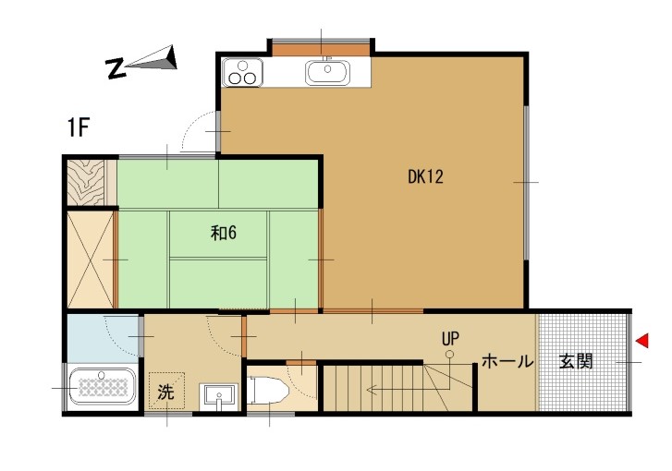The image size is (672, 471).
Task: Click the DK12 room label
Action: pyautogui.click(x=425, y=176)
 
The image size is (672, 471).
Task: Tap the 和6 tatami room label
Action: pyautogui.click(x=224, y=233)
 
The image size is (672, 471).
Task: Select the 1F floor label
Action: pyautogui.click(x=78, y=127)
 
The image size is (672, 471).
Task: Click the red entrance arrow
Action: pyautogui.click(x=642, y=341)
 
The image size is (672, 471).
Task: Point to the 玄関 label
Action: pyautogui.click(x=576, y=362)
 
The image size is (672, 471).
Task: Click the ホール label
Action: pyautogui.click(x=507, y=362)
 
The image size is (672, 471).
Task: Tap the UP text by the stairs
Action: pyautogui.click(x=450, y=339)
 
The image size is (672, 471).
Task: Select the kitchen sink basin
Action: pyautogui.click(x=327, y=72)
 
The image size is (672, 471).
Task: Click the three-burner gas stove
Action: pyautogui.click(x=242, y=73)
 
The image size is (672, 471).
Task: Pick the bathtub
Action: pyautogui.click(x=102, y=386)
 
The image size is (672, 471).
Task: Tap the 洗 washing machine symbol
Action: pyautogui.click(x=166, y=391)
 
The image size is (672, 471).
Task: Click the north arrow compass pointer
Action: pyautogui.click(x=153, y=59)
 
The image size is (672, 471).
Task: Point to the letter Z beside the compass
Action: pyautogui.click(x=116, y=68)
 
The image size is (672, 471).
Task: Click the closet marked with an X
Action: pyautogui.click(x=91, y=260)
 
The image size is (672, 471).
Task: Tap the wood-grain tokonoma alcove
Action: pyautogui.click(x=86, y=183)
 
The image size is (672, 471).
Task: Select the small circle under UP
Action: pyautogui.click(x=449, y=354)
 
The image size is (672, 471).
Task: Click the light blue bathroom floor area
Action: pyautogui.click(x=103, y=338)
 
